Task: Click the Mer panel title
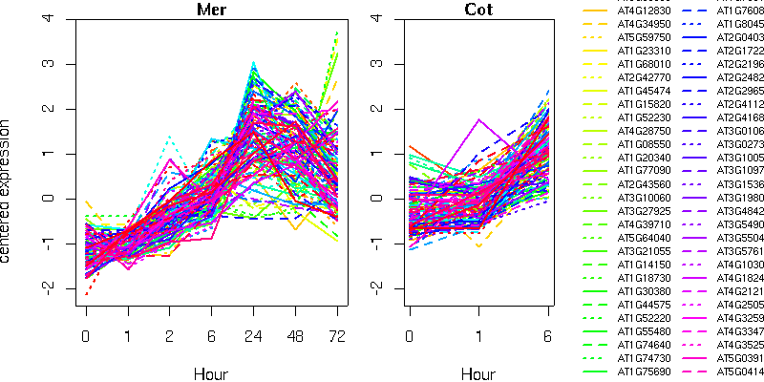(211, 10)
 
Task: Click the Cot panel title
(478, 10)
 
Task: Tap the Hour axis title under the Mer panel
(211, 372)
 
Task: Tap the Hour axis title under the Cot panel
(478, 372)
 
